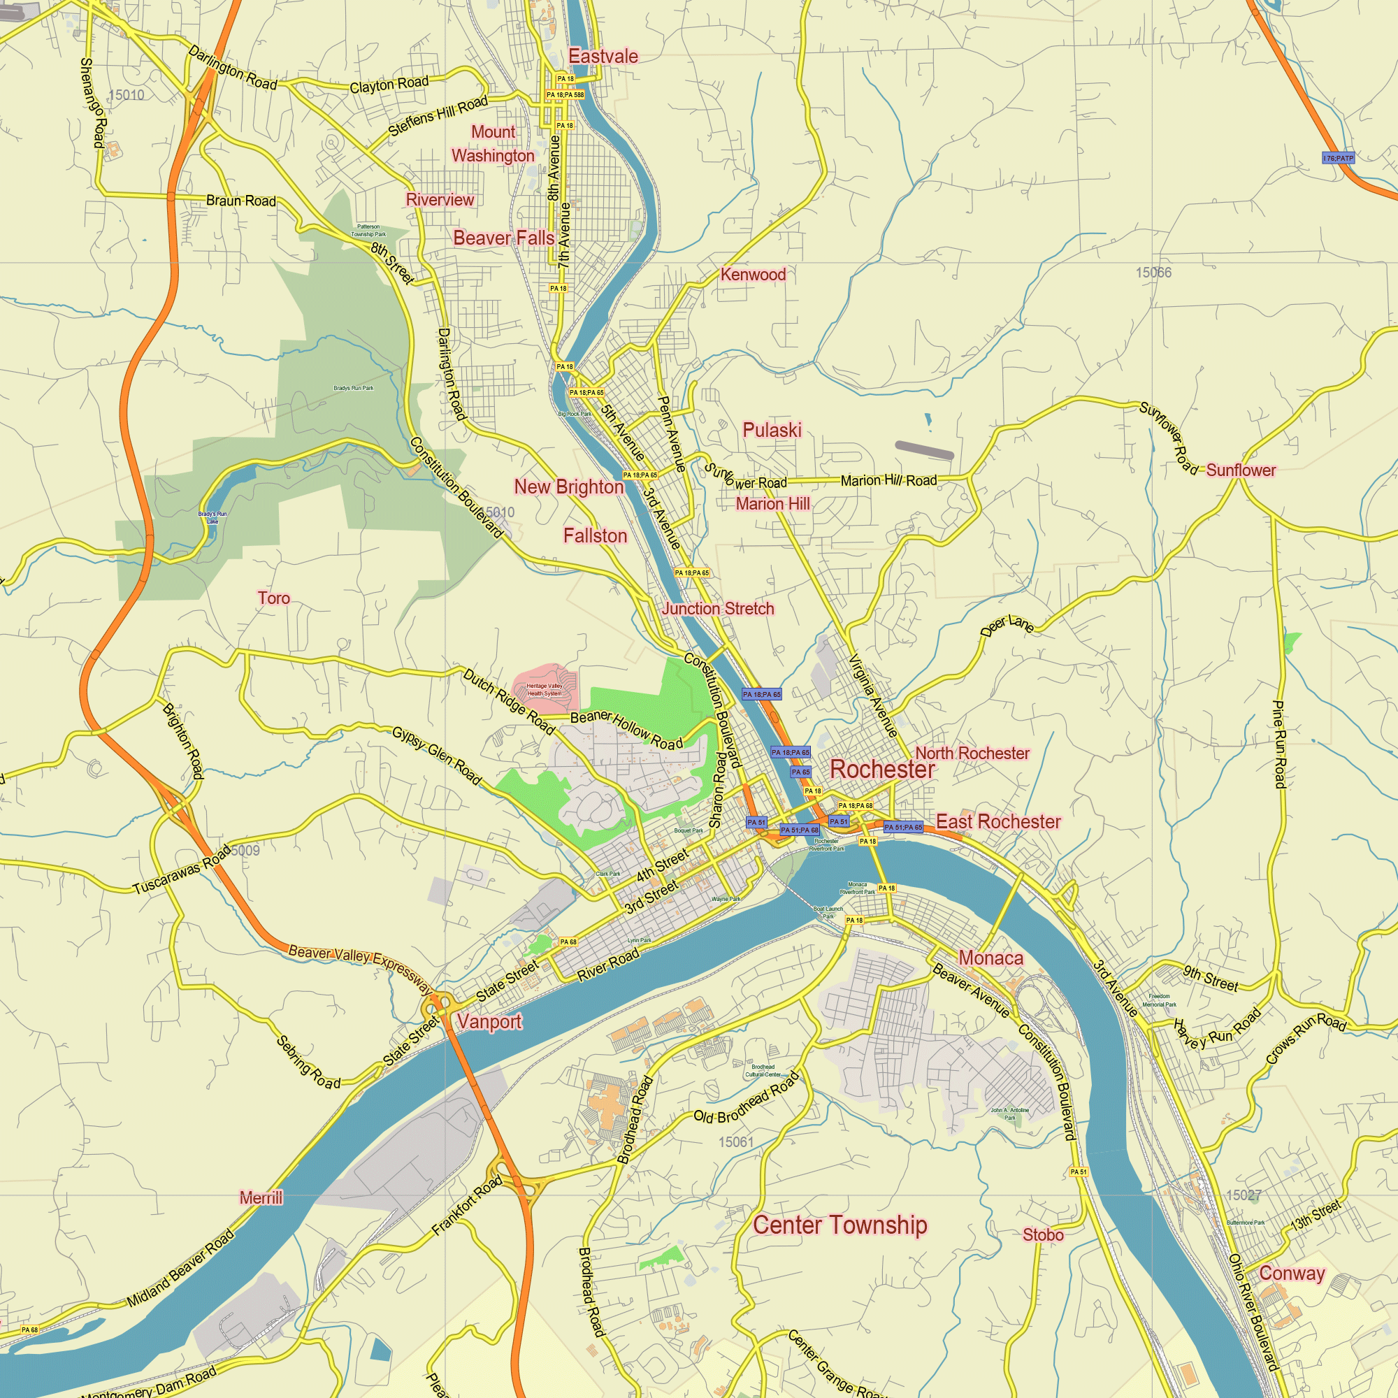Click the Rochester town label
coord(882,769)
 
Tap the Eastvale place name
coord(603,57)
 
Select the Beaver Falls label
coord(503,238)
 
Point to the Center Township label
coord(839,1225)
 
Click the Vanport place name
coord(489,1022)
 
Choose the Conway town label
coord(1292,1274)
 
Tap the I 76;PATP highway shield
coord(1337,158)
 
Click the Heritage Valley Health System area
coord(544,690)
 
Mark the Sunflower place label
coord(1241,470)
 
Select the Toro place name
coord(273,598)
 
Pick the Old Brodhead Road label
coord(746,1097)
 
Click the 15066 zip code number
coord(1153,273)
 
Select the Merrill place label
coord(261,1197)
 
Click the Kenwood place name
coord(753,275)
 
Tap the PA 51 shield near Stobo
coord(1078,1172)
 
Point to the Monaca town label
coord(990,958)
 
